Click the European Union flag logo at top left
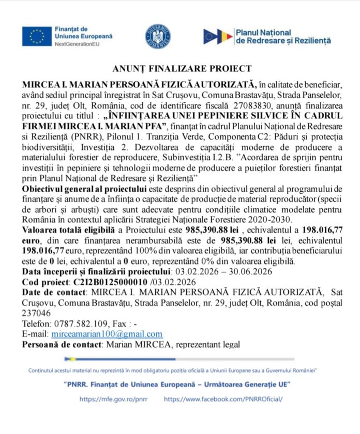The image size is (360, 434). coord(36,36)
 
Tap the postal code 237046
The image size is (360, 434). coord(36,313)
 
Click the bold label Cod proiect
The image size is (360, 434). coord(45,282)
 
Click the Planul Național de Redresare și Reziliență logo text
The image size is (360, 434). coord(282,37)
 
